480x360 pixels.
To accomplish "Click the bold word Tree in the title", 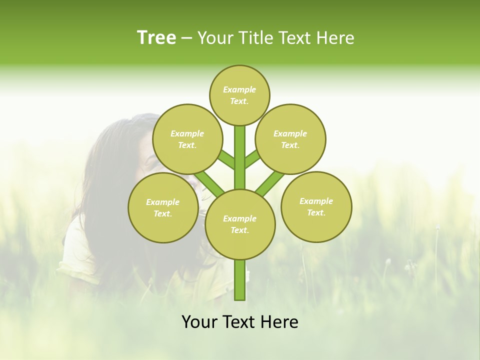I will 156,38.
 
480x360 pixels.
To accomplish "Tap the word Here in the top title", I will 335,38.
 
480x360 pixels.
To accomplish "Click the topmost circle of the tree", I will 239,95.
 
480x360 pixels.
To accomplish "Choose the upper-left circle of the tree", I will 187,139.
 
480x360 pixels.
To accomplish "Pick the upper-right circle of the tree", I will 290,139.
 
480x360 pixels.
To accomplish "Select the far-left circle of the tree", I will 163,207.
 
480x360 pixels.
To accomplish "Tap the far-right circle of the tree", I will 316,206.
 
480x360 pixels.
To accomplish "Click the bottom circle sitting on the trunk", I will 240,224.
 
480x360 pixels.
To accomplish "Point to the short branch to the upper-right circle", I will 252,159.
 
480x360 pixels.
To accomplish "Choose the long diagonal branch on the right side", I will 270,183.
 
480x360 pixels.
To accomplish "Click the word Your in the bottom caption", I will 199,322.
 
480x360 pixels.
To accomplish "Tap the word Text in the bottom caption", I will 239,322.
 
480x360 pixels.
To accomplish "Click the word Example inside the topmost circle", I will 239,89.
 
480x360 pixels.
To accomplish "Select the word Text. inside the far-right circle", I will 316,212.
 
